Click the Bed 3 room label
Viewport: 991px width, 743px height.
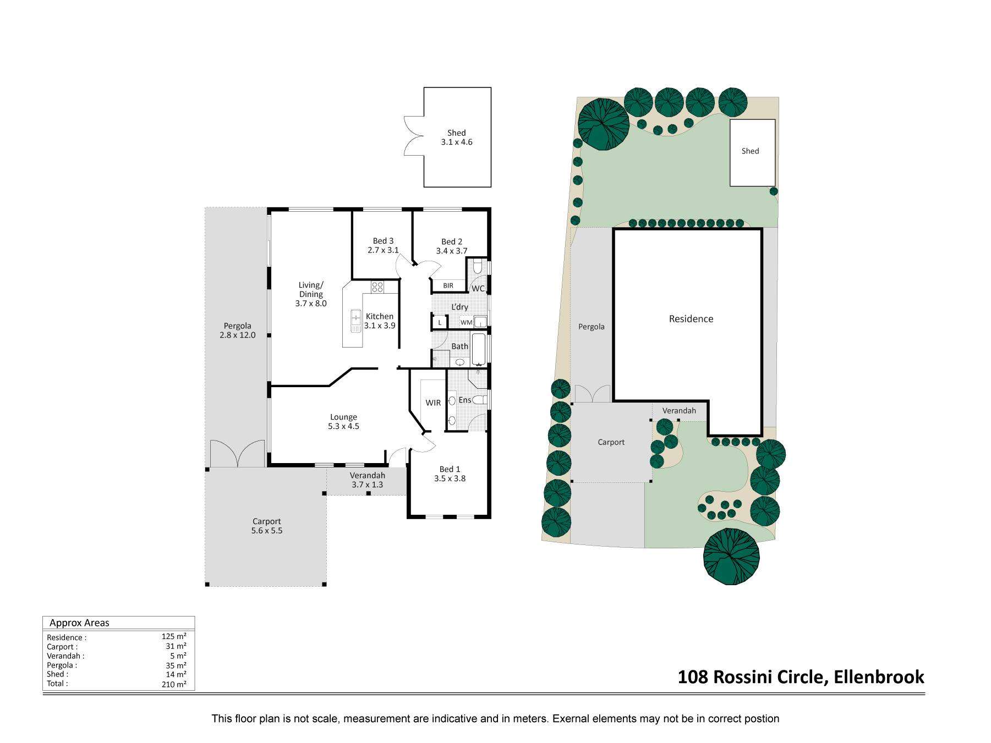(383, 245)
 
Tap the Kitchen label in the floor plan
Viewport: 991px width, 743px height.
(380, 316)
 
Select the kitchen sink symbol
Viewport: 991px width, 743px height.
(355, 320)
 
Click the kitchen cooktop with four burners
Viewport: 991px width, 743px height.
(377, 287)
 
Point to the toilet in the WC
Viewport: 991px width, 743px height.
(478, 267)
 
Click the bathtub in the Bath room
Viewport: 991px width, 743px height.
(479, 349)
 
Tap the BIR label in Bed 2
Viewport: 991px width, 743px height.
(448, 285)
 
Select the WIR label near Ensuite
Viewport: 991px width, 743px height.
(433, 403)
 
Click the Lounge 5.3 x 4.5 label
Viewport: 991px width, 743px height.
(343, 421)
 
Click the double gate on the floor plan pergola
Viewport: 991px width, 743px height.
(238, 453)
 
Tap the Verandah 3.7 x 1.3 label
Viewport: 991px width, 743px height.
(367, 480)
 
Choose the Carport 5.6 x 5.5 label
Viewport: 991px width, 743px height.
(267, 526)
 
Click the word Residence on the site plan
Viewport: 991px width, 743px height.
(691, 318)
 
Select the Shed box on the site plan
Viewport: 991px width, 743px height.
(752, 152)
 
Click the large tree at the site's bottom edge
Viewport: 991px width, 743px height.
(732, 557)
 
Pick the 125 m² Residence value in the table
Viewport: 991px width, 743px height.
(174, 636)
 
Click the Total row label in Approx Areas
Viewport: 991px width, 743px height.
(57, 684)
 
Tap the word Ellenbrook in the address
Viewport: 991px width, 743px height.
(879, 676)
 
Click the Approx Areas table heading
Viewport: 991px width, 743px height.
(79, 623)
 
